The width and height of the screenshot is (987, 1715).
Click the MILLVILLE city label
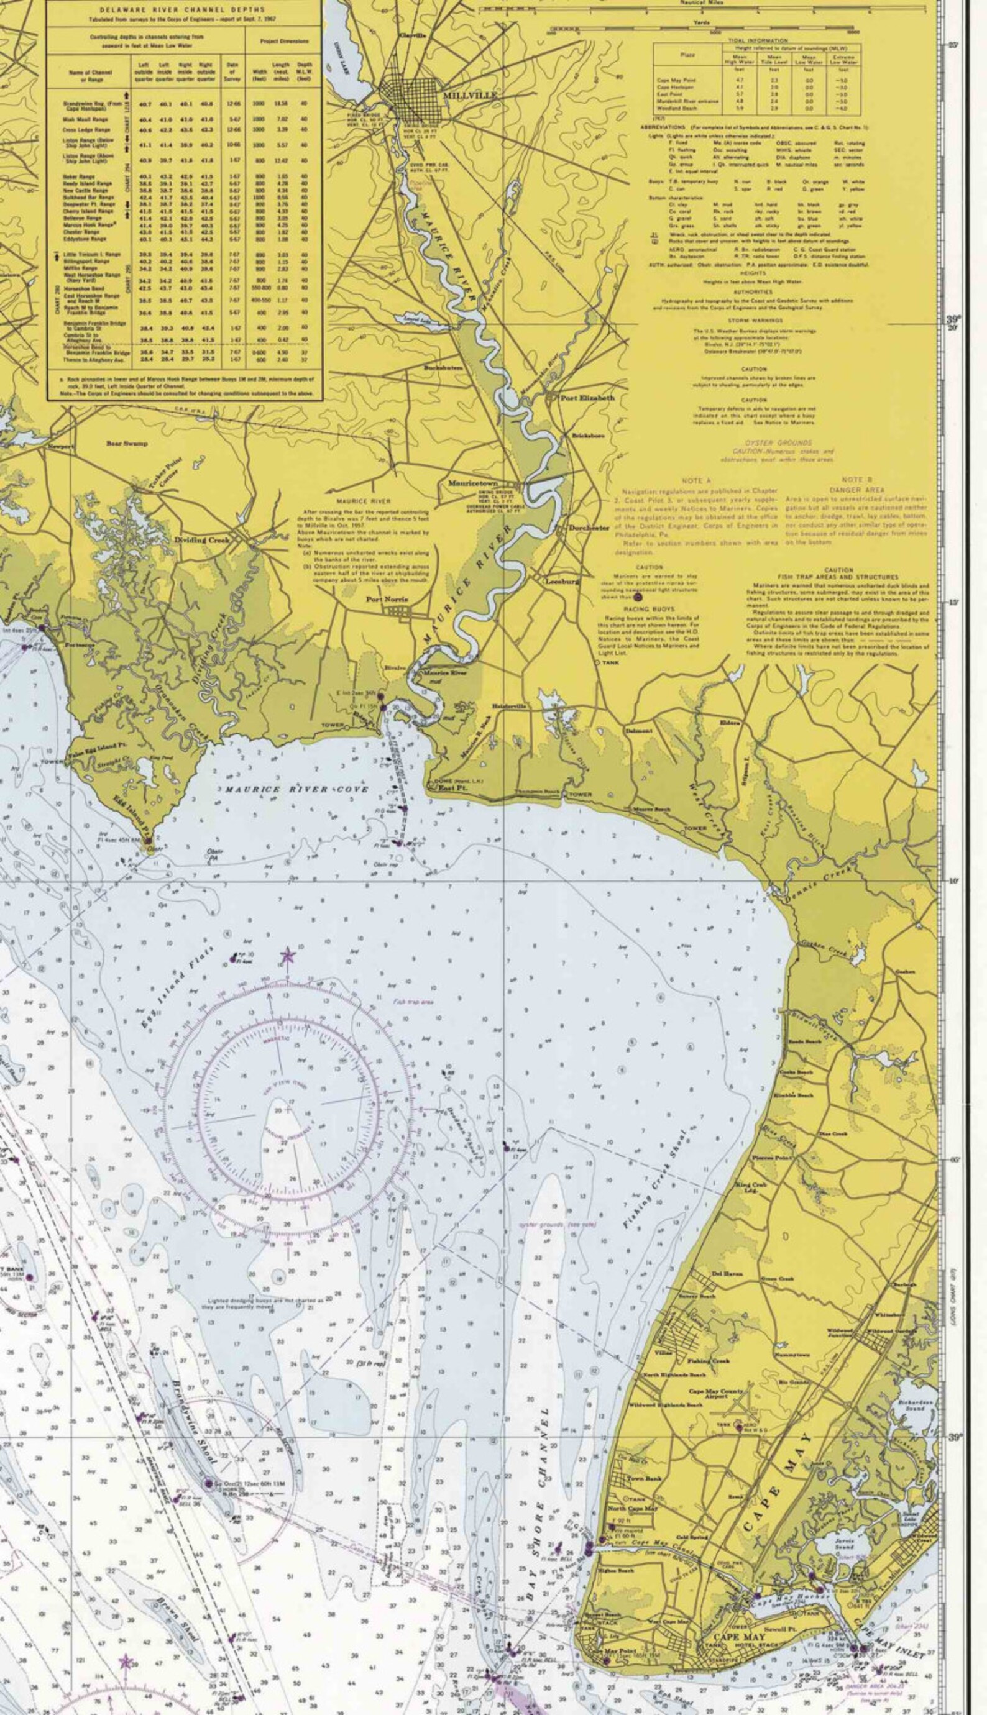[x=470, y=96]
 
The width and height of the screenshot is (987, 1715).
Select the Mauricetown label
[x=472, y=484]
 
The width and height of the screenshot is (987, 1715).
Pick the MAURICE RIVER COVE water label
[x=297, y=789]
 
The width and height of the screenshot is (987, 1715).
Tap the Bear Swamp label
[x=127, y=444]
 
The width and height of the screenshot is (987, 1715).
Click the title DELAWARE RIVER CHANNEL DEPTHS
[x=183, y=10]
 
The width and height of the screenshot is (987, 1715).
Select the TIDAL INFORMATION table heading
[x=757, y=40]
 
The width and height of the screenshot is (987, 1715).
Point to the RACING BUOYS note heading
[x=648, y=609]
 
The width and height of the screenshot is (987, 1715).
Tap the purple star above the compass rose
[x=287, y=956]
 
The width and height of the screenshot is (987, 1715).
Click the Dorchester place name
[x=589, y=528]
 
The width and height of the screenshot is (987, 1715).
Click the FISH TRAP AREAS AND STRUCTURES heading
[x=838, y=577]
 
